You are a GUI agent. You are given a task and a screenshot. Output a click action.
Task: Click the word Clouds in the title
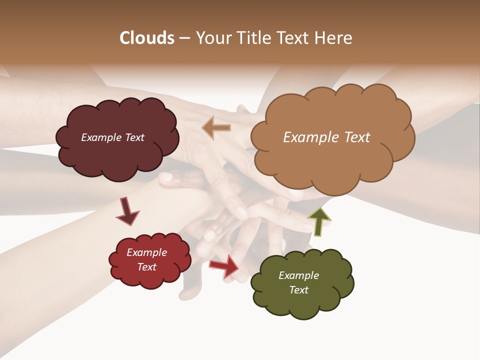tap(147, 38)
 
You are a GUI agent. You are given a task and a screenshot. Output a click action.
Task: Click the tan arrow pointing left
tap(216, 128)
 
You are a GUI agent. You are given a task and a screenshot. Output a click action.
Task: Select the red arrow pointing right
tap(224, 266)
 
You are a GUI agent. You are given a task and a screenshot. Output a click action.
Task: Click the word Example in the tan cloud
tap(306, 137)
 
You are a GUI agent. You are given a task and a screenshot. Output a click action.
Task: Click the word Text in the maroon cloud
tap(133, 137)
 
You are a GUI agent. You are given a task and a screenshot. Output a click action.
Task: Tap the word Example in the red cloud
tap(147, 252)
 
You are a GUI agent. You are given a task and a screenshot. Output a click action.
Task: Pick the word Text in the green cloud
tap(299, 290)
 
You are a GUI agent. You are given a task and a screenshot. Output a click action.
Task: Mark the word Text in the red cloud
tap(147, 267)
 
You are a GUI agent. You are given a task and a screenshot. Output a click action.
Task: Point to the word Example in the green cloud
tap(299, 275)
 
